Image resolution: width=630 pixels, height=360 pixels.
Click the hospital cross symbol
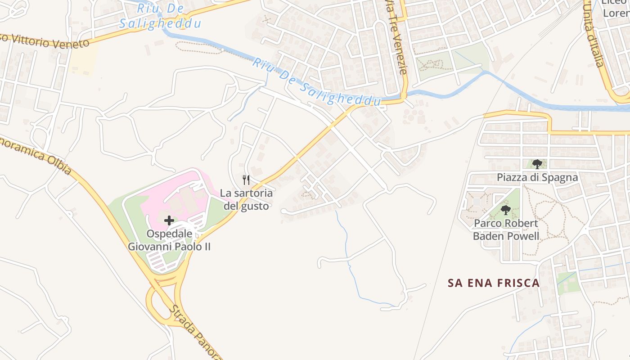point(169,220)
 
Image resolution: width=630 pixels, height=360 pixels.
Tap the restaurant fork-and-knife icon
point(246,180)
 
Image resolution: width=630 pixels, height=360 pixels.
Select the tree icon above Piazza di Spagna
point(537,164)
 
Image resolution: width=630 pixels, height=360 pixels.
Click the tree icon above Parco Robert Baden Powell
point(506,210)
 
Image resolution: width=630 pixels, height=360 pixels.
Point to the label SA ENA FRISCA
point(494,283)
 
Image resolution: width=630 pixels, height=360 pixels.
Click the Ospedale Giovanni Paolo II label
point(169,240)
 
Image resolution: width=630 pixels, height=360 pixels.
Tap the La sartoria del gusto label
point(246,199)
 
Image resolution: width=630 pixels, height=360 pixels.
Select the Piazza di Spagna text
point(537,177)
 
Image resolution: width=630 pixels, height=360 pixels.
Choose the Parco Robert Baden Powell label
point(506,229)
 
